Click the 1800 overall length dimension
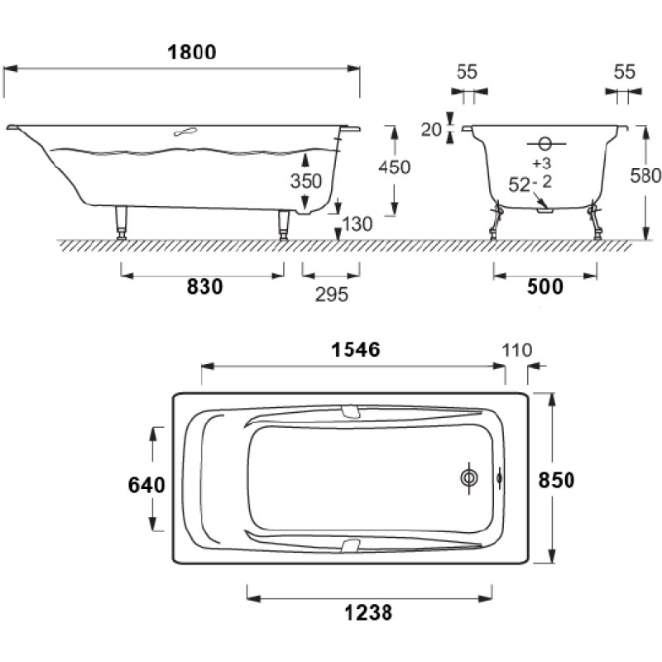tap(192, 52)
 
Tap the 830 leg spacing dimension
tap(204, 286)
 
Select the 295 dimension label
tap(332, 295)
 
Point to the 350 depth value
tap(306, 181)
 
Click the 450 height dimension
tap(395, 167)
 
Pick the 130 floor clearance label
tap(357, 223)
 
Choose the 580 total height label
tap(645, 175)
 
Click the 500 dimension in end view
tap(545, 286)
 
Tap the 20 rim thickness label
tap(431, 130)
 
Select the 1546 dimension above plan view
tap(356, 349)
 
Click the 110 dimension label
tap(517, 350)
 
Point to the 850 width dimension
tap(556, 480)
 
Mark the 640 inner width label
tap(146, 485)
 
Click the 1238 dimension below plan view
tap(368, 612)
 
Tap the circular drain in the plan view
tap(469, 478)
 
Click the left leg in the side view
tap(122, 223)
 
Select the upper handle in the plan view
tap(350, 411)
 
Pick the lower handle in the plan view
tap(350, 545)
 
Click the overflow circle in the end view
tap(545, 144)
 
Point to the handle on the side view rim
tap(185, 132)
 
